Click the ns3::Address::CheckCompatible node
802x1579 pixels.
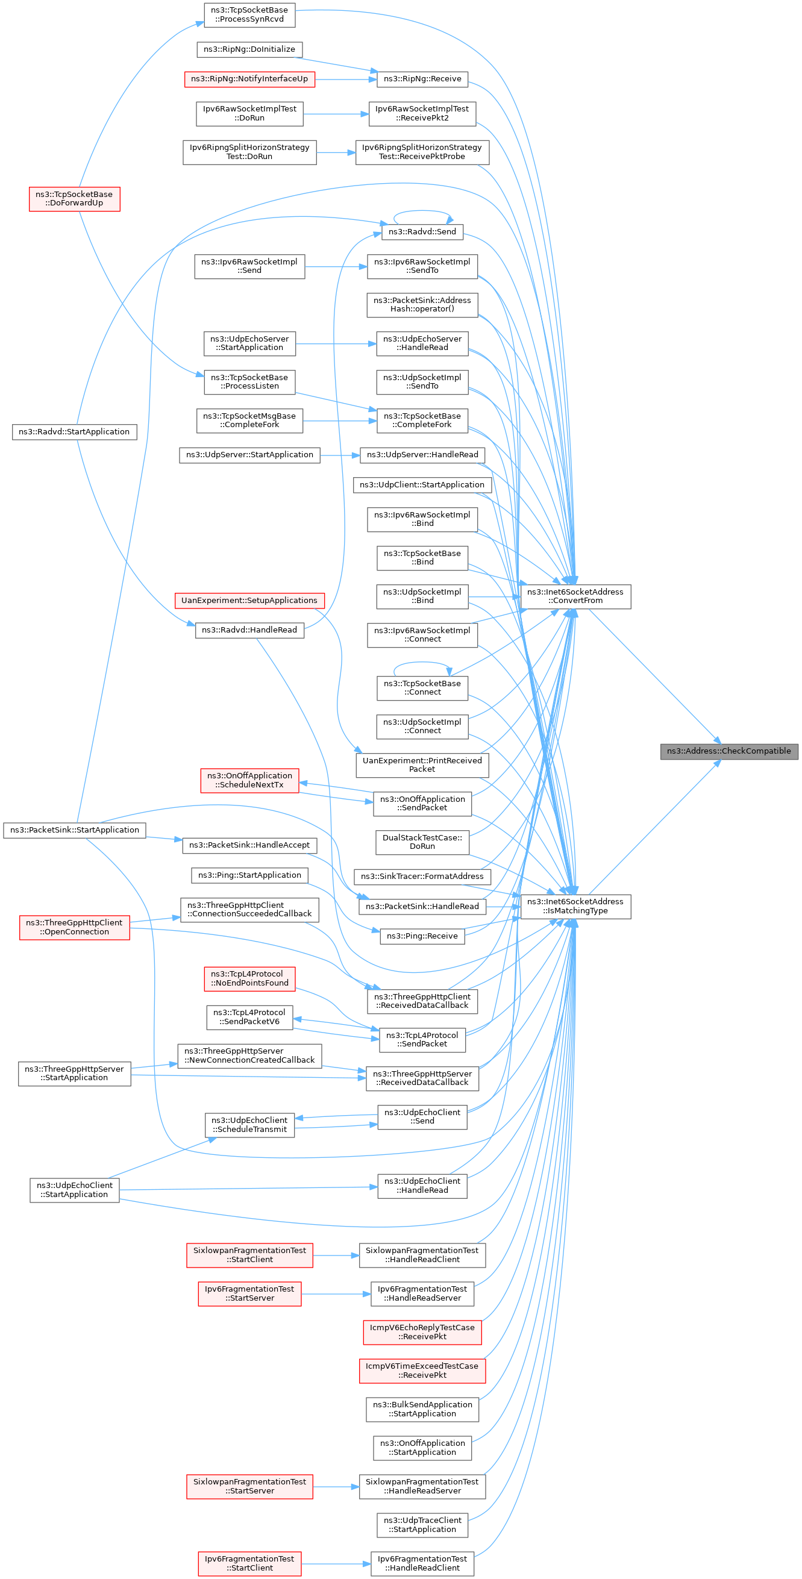[728, 751]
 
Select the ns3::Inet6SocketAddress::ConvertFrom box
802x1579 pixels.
[575, 596]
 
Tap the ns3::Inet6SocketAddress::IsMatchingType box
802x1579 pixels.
[575, 906]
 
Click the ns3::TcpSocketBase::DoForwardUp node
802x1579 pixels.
[74, 199]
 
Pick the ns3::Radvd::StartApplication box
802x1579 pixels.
[74, 431]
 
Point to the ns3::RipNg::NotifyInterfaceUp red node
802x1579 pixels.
[249, 79]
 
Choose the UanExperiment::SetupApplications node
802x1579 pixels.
[249, 600]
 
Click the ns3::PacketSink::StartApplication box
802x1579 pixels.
[74, 830]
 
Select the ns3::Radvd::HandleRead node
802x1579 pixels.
[249, 630]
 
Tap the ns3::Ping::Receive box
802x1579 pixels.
[422, 936]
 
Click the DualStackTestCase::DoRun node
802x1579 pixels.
[422, 842]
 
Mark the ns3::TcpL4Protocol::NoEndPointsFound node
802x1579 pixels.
[249, 978]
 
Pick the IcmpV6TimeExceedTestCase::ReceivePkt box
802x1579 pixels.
[422, 1370]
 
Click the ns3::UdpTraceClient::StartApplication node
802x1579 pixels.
[422, 1524]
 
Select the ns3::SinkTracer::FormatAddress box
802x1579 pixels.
[422, 877]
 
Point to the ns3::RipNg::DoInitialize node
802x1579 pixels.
[249, 49]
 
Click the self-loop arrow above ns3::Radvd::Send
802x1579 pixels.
[422, 212]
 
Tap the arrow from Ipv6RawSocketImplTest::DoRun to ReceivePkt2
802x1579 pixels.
[336, 113]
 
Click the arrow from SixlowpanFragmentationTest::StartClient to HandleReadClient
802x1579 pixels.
[336, 1255]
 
